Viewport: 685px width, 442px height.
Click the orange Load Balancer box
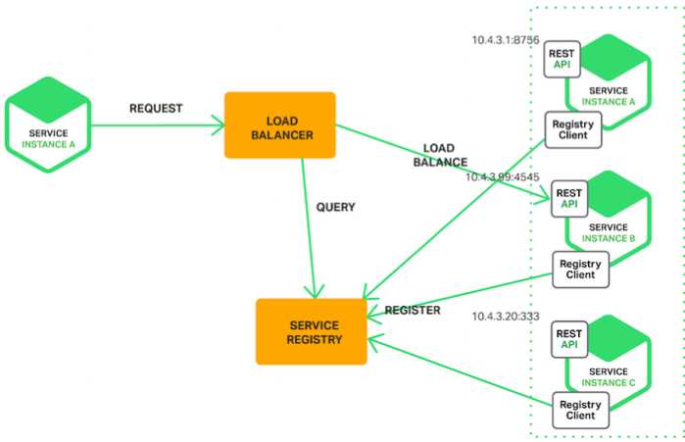coord(280,124)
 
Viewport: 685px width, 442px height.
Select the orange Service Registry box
coord(312,331)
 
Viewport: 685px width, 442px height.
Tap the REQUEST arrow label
coord(156,109)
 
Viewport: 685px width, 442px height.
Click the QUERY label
coord(335,207)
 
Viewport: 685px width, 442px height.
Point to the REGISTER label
coord(413,310)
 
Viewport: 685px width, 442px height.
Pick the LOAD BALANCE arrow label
coord(440,155)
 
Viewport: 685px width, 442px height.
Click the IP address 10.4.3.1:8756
coord(506,40)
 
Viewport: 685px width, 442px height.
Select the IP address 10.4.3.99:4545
coord(503,176)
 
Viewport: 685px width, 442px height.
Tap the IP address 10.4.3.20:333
coord(506,317)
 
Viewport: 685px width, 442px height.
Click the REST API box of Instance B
coord(569,199)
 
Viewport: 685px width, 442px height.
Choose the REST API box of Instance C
coord(569,339)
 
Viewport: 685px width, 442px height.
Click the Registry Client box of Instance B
coord(580,270)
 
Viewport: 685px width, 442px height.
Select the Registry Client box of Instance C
coord(580,410)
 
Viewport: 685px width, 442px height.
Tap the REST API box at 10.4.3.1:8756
coord(562,60)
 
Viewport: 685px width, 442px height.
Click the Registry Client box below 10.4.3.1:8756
coord(573,129)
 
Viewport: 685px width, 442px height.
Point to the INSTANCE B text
coord(609,238)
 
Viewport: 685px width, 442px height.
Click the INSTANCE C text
coord(609,382)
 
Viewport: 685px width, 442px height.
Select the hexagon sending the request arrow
coord(48,124)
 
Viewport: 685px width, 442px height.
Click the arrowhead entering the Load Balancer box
coord(219,125)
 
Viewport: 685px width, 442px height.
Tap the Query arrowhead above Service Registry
coord(315,292)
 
